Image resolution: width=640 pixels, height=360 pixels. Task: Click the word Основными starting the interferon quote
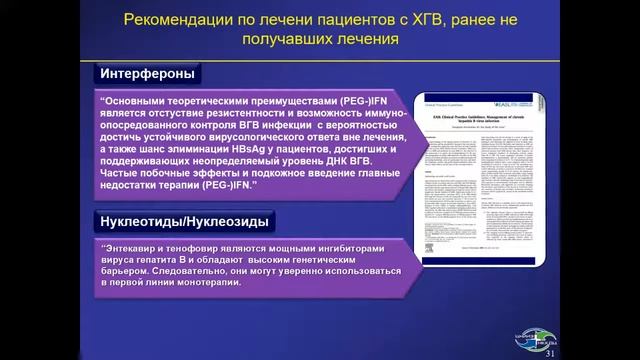tap(142, 100)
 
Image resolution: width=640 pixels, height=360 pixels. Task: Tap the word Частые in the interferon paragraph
tap(120, 174)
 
